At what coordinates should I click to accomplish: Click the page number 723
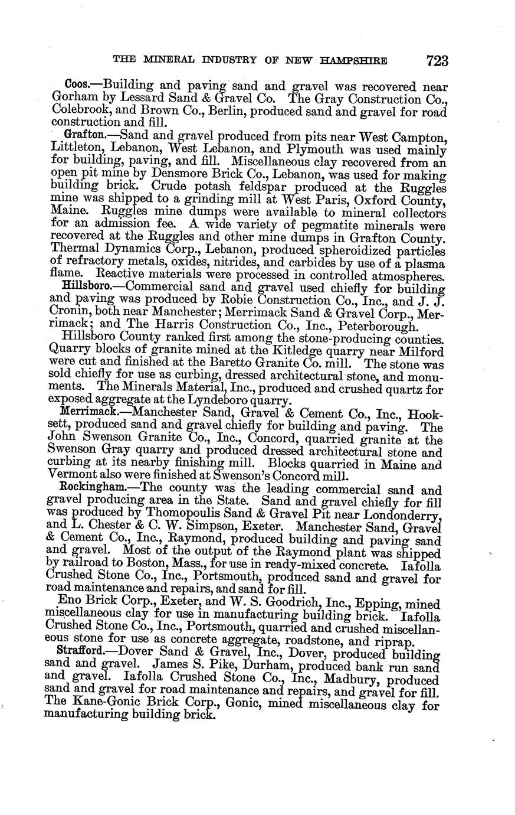pyautogui.click(x=435, y=61)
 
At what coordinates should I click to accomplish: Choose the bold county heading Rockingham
pyautogui.click(x=91, y=489)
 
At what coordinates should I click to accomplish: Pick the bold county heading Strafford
pyautogui.click(x=87, y=653)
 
